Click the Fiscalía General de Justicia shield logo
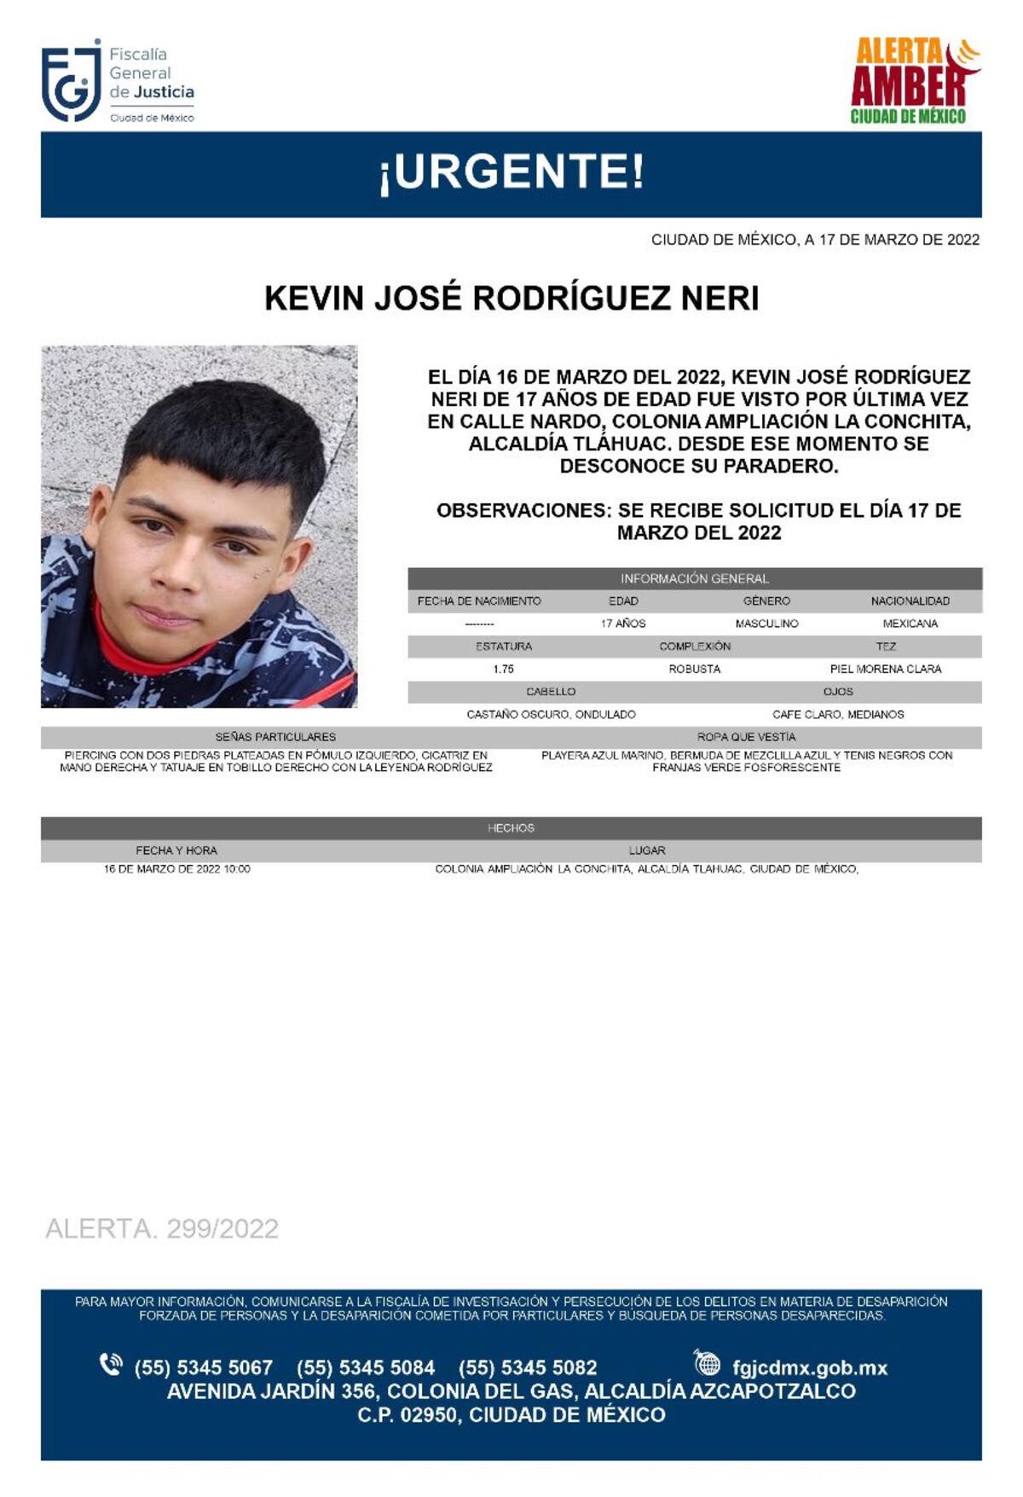click(x=72, y=84)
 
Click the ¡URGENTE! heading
click(x=511, y=171)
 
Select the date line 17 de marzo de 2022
click(x=815, y=240)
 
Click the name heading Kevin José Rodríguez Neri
click(x=511, y=299)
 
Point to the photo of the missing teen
click(x=199, y=526)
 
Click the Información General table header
click(x=694, y=578)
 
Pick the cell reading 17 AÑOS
click(x=623, y=624)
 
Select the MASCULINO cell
click(x=766, y=624)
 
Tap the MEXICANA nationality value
click(x=910, y=624)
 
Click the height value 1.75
click(x=503, y=669)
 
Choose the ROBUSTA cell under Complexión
click(x=694, y=669)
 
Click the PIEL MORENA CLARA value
click(x=885, y=669)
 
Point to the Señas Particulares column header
click(x=275, y=736)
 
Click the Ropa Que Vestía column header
click(x=746, y=736)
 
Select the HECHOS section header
click(x=511, y=827)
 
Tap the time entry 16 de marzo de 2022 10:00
click(x=177, y=869)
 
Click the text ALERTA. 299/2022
click(x=162, y=1228)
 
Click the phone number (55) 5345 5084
click(x=366, y=1367)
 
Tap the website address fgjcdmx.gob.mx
click(x=809, y=1367)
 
